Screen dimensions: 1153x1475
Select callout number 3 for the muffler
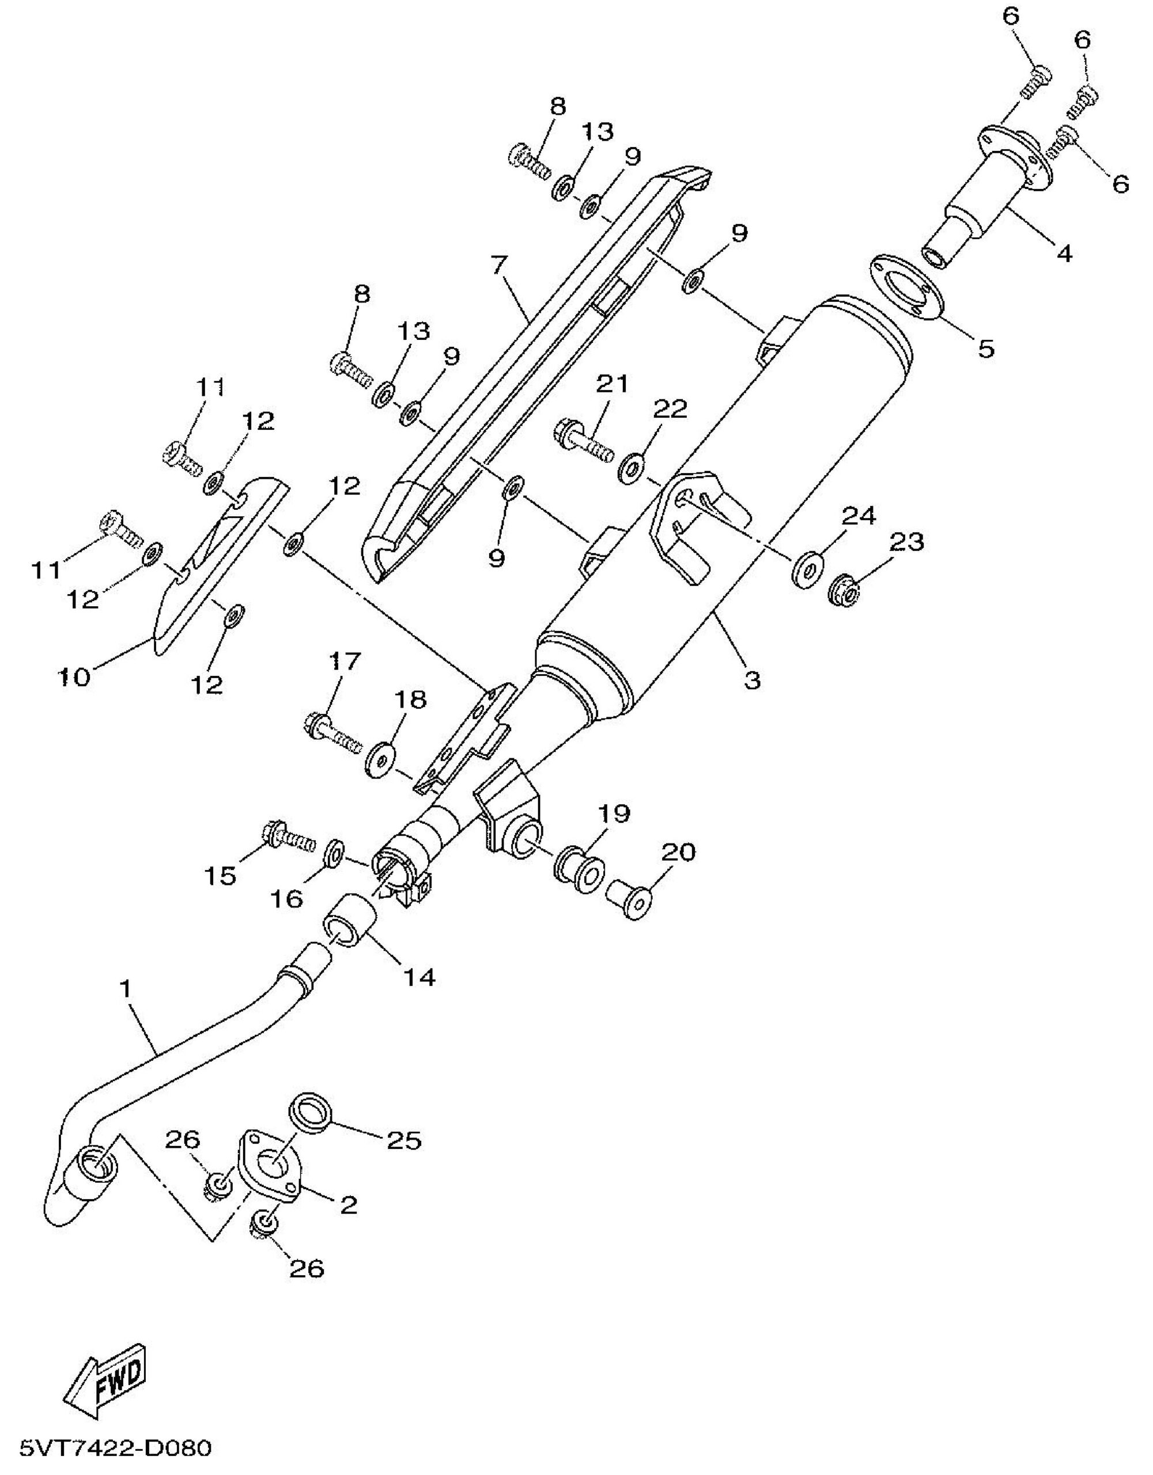[753, 679]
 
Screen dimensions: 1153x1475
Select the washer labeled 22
[632, 467]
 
